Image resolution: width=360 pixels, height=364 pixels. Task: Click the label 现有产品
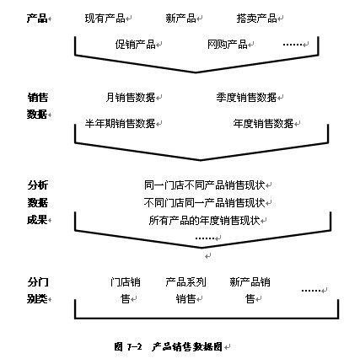coord(105,19)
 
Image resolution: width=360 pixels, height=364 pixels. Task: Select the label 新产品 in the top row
coord(180,19)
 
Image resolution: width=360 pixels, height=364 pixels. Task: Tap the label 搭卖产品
coord(256,19)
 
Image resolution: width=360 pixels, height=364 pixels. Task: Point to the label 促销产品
coord(136,44)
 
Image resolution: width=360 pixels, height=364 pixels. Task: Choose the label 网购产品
coord(228,44)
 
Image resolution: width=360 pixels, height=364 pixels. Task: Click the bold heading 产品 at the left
coord(37,19)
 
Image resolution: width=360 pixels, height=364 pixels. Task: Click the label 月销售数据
coord(131,98)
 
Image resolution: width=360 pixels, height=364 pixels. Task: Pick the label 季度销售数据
coord(246,98)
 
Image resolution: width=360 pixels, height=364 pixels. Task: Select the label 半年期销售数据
coord(121,123)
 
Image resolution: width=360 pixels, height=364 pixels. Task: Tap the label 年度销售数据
coord(263,123)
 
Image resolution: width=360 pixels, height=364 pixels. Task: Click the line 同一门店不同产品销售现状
coord(205,185)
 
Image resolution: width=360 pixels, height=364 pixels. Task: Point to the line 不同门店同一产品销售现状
coord(205,202)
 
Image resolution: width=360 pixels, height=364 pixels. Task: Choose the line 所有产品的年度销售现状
coord(205,221)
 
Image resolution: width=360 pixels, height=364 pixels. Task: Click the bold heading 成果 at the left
coord(37,220)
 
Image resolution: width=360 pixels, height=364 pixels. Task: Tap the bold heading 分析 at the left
coord(38,185)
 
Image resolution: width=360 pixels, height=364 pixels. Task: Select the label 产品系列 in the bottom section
coord(185,282)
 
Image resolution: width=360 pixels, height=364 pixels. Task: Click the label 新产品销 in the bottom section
coord(250,282)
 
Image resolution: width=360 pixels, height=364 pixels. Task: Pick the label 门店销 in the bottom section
coord(126,282)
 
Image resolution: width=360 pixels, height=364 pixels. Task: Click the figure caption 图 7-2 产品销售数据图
coord(169,347)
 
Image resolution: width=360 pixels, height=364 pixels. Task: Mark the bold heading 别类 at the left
coord(37,299)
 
